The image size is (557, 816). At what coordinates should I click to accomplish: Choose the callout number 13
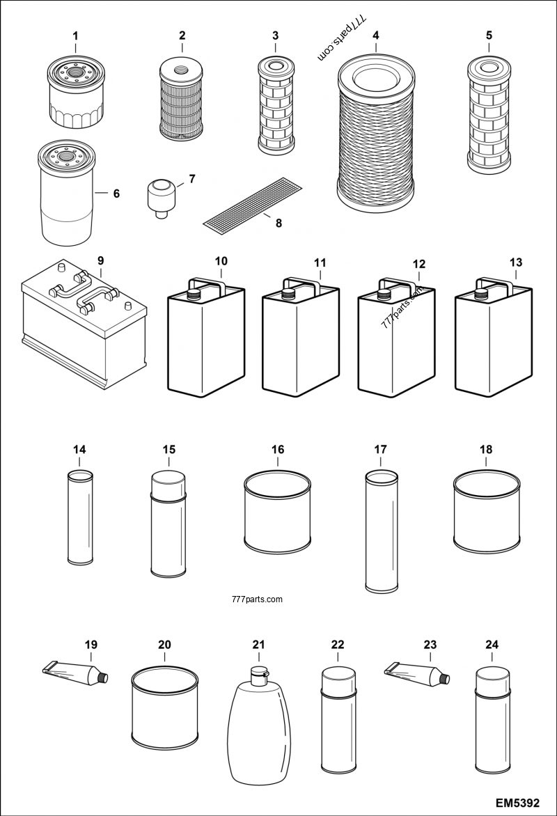point(515,262)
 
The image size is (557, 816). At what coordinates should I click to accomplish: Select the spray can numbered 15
point(168,526)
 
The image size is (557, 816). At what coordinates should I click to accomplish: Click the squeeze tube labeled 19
point(75,673)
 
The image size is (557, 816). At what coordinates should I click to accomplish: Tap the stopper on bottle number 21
point(260,673)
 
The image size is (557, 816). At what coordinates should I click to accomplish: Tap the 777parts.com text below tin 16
point(255,598)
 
